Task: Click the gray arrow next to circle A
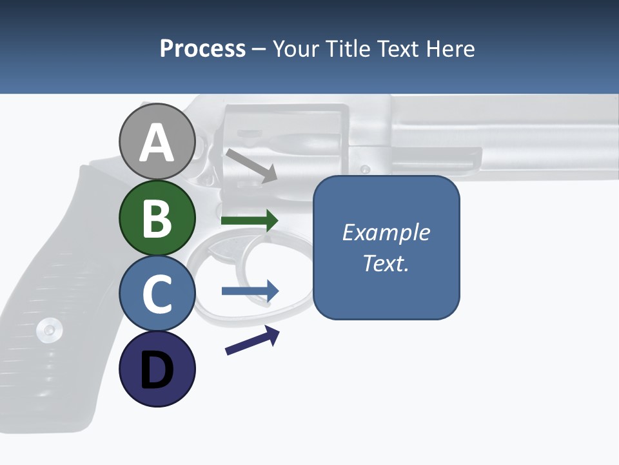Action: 251,165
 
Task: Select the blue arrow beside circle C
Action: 250,291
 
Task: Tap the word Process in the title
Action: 202,48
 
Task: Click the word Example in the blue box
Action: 386,232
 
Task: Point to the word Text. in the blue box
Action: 386,263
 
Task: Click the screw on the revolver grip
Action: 49,330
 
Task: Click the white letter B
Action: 157,218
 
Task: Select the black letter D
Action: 157,370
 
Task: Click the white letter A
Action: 157,143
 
